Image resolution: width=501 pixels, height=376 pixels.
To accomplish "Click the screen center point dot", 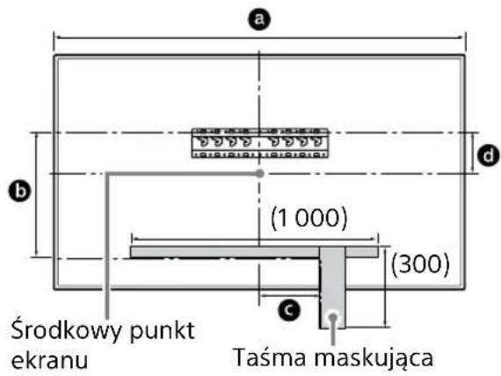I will [259, 174].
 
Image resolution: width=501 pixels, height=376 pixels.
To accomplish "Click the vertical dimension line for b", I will [36, 195].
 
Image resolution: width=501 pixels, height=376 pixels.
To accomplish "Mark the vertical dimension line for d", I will [471, 154].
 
